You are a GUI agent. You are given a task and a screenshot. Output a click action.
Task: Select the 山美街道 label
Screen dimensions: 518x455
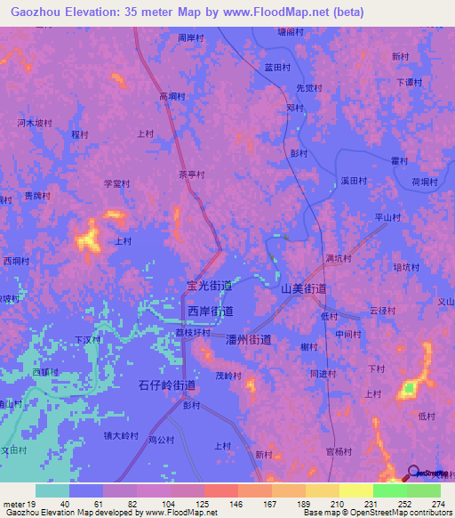pos(304,289)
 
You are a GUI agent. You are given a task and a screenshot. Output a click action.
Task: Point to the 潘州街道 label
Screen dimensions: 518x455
pos(249,340)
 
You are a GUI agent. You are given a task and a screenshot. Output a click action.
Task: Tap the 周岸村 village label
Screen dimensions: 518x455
pos(191,39)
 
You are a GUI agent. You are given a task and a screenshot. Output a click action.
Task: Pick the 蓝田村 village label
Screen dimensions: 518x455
pos(278,68)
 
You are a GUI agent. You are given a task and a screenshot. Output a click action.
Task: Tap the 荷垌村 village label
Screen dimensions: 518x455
pos(424,182)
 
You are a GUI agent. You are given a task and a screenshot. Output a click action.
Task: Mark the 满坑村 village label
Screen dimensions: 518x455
pos(339,259)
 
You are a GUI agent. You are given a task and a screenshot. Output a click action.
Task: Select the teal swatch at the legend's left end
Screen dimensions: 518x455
pos(52,490)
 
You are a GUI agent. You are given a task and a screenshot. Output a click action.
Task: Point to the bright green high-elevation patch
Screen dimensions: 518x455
pos(410,388)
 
